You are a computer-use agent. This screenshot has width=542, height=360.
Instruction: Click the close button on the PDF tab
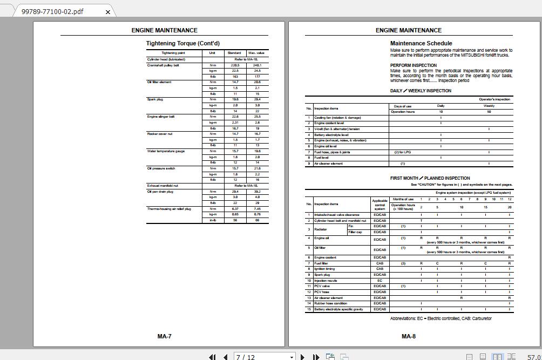pos(108,12)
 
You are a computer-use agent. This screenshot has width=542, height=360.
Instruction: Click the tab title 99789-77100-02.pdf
pos(52,12)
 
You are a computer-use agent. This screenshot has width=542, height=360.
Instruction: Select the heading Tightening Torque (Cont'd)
pos(182,43)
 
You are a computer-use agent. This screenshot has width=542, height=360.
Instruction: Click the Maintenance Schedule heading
pos(421,43)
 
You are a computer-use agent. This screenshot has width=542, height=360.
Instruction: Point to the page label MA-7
pos(164,336)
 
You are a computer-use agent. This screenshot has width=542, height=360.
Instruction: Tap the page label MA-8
pos(409,336)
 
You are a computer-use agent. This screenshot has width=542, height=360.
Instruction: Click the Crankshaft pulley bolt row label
pos(163,65)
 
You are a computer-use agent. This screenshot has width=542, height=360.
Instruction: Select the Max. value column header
pos(256,53)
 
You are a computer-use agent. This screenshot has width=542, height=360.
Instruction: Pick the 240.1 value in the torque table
pos(257,65)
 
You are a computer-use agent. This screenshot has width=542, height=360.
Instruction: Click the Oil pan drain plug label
pos(160,192)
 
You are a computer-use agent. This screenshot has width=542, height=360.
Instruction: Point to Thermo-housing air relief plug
pos(169,209)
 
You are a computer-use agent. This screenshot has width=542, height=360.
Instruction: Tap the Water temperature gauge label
pos(166,151)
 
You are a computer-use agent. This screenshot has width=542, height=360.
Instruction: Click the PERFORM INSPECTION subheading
pos(414,65)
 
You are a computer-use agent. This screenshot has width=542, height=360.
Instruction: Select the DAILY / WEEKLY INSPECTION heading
pos(421,91)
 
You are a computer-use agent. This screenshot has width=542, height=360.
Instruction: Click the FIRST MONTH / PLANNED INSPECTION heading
pos(430,178)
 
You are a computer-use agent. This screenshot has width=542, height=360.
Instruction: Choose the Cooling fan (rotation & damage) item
pos(337,118)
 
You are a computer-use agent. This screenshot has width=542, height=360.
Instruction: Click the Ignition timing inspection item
pos(324,269)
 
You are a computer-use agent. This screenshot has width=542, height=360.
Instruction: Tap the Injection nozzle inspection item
pos(326,281)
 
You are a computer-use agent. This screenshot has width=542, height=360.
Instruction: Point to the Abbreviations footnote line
pos(441,318)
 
